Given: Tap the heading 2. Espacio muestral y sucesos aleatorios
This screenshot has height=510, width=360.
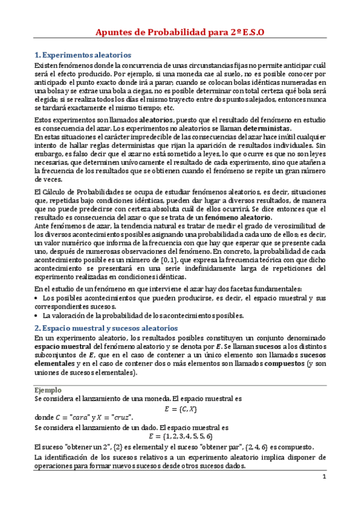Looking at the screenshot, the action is tap(106, 328).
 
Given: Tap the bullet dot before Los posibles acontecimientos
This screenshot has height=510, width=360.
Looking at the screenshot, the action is tap(37, 298).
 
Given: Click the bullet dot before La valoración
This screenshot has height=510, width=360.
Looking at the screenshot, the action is tap(37, 315).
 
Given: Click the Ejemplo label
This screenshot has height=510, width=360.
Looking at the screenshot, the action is tap(49, 390).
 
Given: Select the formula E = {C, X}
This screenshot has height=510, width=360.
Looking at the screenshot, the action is tap(180, 408).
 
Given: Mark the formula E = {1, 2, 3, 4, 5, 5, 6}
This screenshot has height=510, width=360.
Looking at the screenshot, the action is tap(180, 436).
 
